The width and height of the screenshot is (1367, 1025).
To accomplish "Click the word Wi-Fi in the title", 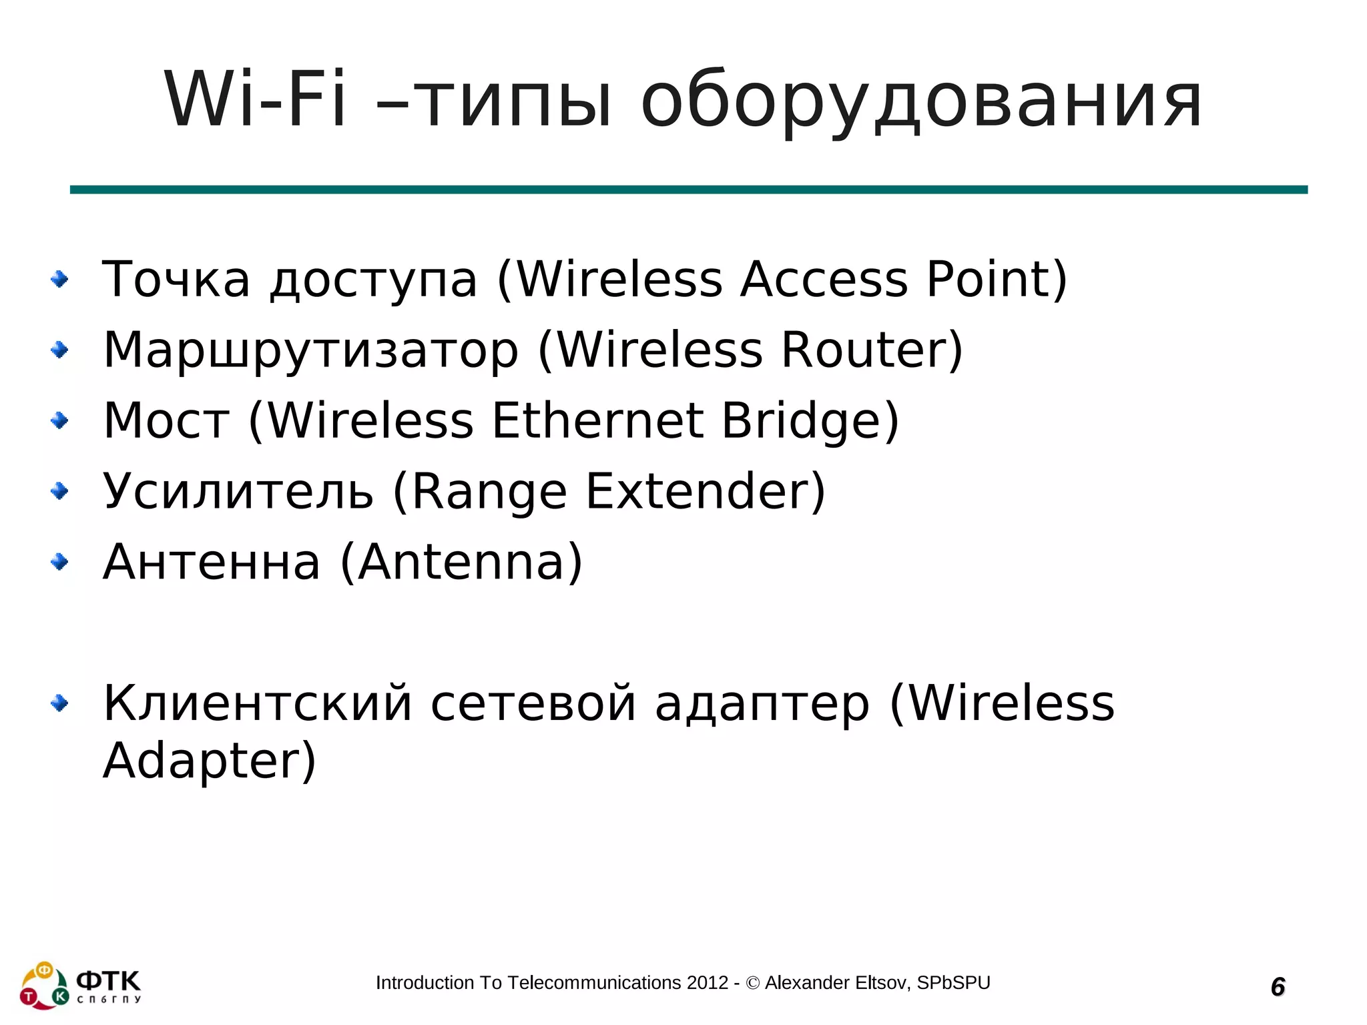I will click(x=255, y=100).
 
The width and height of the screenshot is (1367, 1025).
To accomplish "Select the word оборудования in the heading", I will click(x=921, y=101).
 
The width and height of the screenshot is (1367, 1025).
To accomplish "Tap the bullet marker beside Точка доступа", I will click(x=60, y=279).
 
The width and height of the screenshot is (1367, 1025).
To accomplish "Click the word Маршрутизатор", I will click(x=310, y=350).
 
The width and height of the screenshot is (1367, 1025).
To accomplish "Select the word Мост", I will click(x=167, y=421).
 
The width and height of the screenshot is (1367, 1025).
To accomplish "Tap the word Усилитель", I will click(x=238, y=492).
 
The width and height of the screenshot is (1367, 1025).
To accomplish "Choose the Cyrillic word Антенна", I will click(x=212, y=563).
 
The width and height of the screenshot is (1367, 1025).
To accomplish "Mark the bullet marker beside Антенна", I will click(x=60, y=562).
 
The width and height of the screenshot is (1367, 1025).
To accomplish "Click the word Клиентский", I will click(x=258, y=703).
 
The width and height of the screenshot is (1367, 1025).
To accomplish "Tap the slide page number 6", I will click(x=1278, y=986).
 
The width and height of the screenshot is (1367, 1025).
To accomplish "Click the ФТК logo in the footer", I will click(x=80, y=985).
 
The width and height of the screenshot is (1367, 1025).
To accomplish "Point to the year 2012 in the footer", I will click(x=708, y=983).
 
